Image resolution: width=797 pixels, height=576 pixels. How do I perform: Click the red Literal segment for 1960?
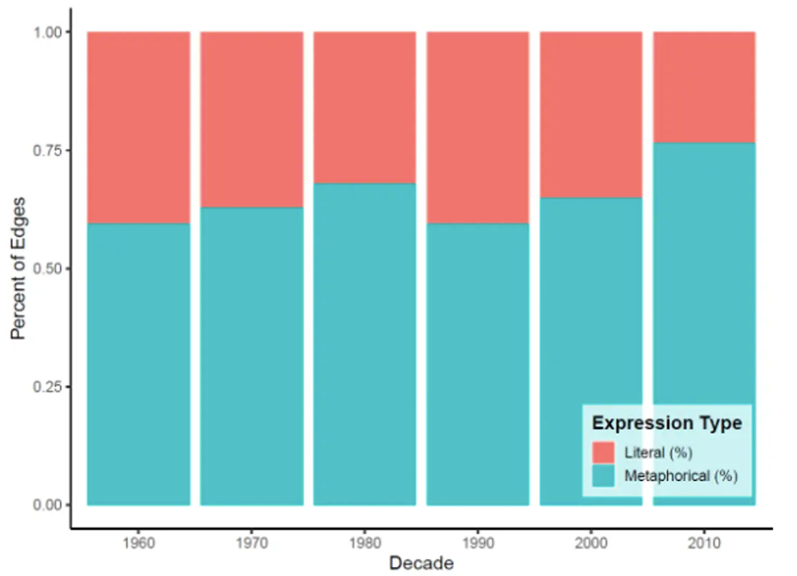[138, 127]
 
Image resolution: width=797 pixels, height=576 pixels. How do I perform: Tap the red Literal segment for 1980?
[364, 107]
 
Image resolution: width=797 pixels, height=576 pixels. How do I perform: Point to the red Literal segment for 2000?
[591, 115]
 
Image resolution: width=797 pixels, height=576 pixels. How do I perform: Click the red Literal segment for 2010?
[704, 87]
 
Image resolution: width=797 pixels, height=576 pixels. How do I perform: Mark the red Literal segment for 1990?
[477, 127]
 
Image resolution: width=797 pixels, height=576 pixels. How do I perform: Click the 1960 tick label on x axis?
[138, 542]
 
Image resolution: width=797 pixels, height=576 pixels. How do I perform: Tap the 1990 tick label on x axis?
[477, 542]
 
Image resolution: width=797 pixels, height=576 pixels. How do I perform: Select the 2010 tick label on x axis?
[704, 542]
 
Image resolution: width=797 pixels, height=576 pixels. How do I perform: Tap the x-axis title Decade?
[421, 563]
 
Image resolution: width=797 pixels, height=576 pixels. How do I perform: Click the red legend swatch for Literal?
[604, 451]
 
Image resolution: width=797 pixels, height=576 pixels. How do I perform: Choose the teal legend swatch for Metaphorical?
[604, 476]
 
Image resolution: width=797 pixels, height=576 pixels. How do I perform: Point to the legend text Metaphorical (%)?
[681, 476]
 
